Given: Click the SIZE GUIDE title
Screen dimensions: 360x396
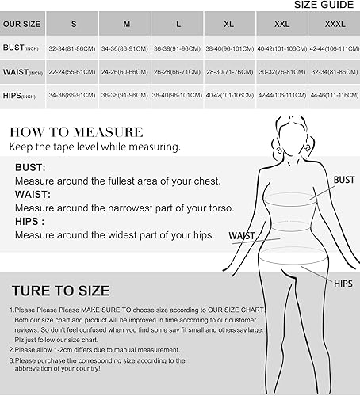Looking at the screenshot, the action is [x=326, y=4].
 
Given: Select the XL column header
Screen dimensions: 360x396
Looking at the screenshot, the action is [x=228, y=24].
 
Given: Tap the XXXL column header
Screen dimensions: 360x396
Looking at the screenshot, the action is [x=332, y=24].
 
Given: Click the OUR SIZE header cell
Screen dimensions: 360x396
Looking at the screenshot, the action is [x=21, y=24].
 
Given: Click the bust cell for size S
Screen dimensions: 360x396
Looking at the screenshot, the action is [x=72, y=48].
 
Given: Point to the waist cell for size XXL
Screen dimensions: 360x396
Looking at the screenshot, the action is [x=281, y=71].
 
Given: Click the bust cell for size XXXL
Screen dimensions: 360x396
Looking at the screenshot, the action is [x=333, y=48].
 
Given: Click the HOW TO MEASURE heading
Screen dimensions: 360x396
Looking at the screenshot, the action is [x=76, y=132].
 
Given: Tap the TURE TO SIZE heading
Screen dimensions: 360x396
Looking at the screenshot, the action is [x=59, y=291].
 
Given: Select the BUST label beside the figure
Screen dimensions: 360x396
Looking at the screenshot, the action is [x=343, y=181].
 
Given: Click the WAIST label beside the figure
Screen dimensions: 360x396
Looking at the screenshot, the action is [x=242, y=235].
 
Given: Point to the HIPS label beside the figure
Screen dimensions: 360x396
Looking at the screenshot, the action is [x=343, y=283].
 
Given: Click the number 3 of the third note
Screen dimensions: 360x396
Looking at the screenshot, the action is [x=12, y=360].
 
